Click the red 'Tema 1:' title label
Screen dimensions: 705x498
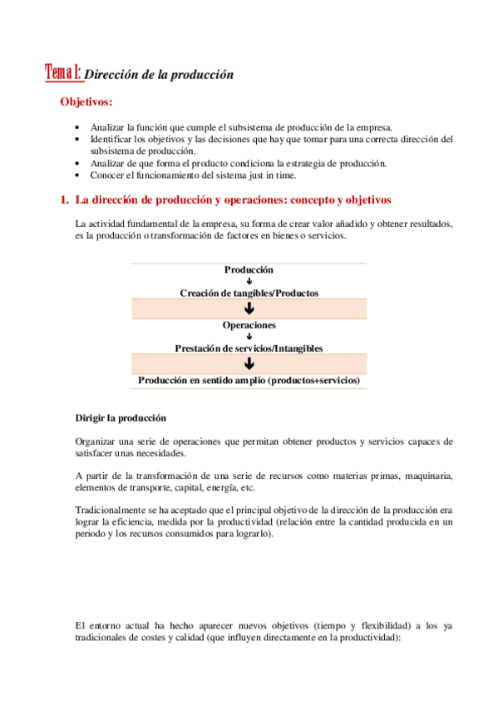pyautogui.click(x=63, y=72)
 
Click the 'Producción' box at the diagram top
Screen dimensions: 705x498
pyautogui.click(x=249, y=270)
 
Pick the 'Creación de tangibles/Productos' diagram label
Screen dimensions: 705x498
pyautogui.click(x=249, y=293)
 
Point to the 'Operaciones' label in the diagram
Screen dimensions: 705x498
pyautogui.click(x=249, y=325)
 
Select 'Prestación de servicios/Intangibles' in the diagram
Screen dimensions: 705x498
pyautogui.click(x=249, y=348)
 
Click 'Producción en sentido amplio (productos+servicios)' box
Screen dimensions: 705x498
pyautogui.click(x=249, y=380)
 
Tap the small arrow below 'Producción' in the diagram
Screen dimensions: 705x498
pyautogui.click(x=249, y=282)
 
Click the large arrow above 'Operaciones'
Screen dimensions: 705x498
pyautogui.click(x=249, y=309)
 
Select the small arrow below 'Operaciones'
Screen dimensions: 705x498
pyautogui.click(x=249, y=337)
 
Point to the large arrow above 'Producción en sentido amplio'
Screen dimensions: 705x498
pyautogui.click(x=249, y=363)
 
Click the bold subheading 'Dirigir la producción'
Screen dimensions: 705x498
pyautogui.click(x=121, y=417)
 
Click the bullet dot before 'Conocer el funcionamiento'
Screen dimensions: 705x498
pyautogui.click(x=77, y=175)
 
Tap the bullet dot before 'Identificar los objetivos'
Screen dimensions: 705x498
pyautogui.click(x=77, y=140)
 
